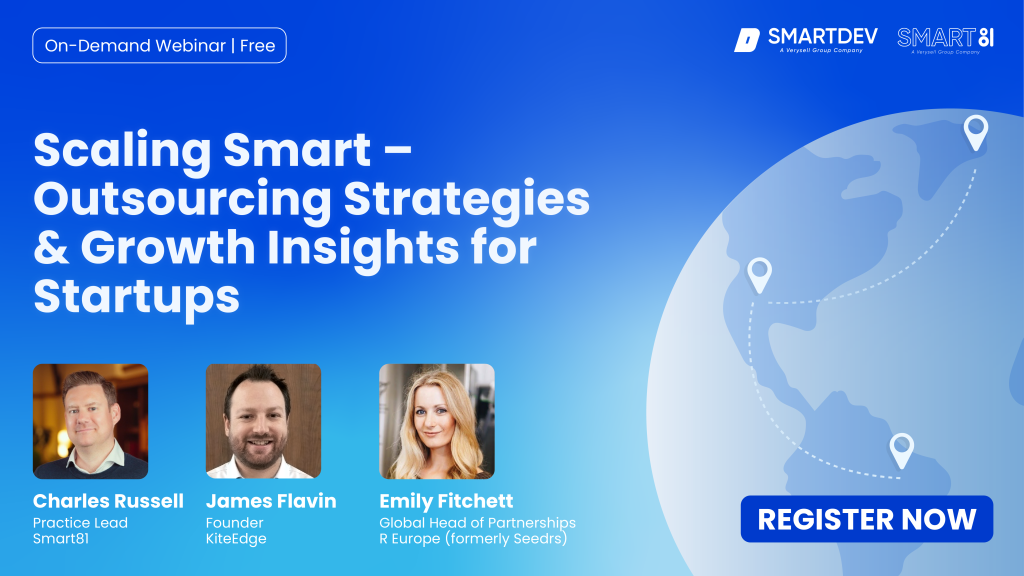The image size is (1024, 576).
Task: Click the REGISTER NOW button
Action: [867, 519]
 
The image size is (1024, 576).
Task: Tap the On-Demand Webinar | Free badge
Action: [159, 46]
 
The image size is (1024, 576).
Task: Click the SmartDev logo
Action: [806, 40]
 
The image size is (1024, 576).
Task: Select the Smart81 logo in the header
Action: [946, 40]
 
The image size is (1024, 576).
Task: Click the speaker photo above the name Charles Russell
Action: [91, 421]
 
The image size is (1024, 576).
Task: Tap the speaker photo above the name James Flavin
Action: [263, 421]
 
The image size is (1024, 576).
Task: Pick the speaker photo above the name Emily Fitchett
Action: [437, 421]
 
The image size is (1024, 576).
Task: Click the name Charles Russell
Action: [108, 501]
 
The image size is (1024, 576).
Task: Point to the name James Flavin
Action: [271, 501]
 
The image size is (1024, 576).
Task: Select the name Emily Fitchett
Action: [446, 501]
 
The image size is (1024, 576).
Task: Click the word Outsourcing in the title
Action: [183, 200]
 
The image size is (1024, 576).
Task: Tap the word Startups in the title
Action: [136, 297]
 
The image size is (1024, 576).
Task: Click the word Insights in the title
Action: [363, 248]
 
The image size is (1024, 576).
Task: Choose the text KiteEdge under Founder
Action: [236, 539]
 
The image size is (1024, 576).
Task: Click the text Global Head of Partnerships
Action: [477, 522]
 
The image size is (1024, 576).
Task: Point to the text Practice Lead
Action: [80, 522]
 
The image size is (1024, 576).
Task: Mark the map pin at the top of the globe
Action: [976, 133]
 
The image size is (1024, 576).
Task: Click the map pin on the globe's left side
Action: [760, 276]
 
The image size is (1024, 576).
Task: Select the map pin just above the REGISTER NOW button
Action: [902, 451]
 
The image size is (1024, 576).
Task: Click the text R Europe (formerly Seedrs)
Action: [473, 539]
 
